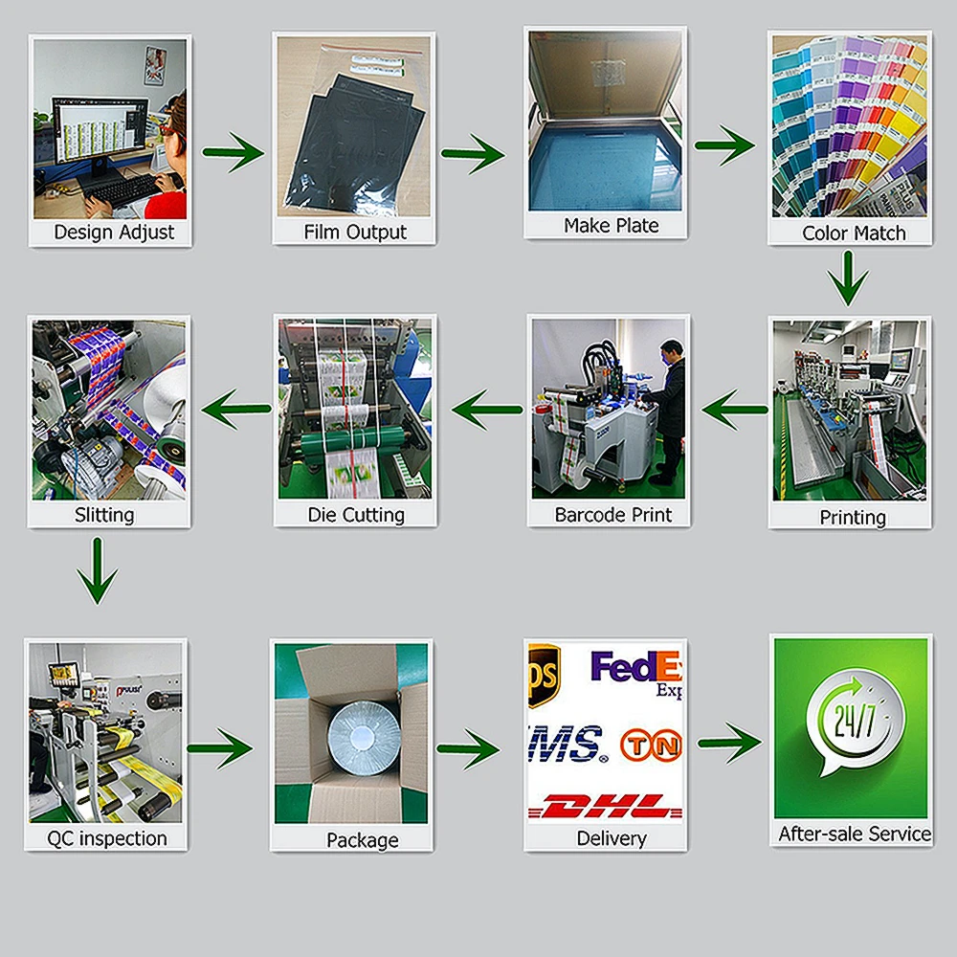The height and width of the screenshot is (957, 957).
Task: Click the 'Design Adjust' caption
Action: (114, 232)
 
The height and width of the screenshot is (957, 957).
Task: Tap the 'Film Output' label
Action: (355, 232)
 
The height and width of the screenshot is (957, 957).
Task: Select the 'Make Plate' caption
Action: (611, 226)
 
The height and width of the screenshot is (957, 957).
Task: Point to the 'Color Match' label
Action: (854, 233)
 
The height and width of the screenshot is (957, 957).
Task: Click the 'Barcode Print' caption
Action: (613, 515)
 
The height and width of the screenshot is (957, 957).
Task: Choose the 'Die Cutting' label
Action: (356, 515)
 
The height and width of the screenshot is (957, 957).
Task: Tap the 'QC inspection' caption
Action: (107, 838)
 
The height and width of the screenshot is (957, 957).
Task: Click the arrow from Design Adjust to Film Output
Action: (233, 151)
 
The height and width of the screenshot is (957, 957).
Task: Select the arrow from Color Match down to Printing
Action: (848, 278)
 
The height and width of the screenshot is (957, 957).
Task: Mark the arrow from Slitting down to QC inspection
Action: (97, 570)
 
